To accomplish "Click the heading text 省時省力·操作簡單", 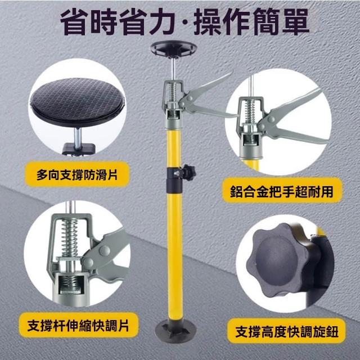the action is pyautogui.click(x=185, y=21).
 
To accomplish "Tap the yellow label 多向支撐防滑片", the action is pyautogui.click(x=77, y=174).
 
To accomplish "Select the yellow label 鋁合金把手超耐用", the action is pyautogui.click(x=282, y=191).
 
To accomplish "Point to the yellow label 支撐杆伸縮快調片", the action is pyautogui.click(x=78, y=325).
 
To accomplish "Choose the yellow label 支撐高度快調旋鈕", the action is pyautogui.click(x=286, y=331).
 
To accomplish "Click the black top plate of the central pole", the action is pyautogui.click(x=173, y=49).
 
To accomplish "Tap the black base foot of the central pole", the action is pyautogui.click(x=175, y=330).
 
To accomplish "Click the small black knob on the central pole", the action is pyautogui.click(x=188, y=172).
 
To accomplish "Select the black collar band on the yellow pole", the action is pyautogui.click(x=174, y=180).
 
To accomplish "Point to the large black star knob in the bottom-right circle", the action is pyautogui.click(x=279, y=261).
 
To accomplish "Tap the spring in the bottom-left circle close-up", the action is pyautogui.click(x=70, y=238).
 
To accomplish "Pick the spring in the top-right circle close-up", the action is pyautogui.click(x=250, y=111).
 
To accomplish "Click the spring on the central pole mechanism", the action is pyautogui.click(x=173, y=92).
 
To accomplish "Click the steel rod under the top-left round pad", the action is pyautogui.click(x=78, y=138).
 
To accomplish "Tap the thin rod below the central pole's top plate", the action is pyautogui.click(x=174, y=69).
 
